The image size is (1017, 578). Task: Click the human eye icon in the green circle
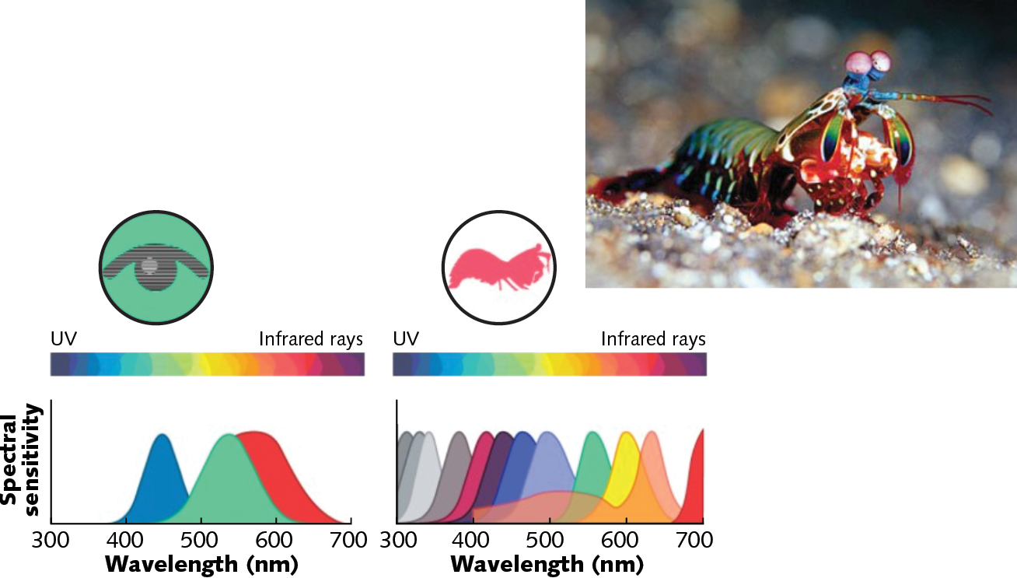point(156,267)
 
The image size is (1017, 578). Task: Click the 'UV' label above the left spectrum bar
point(63,339)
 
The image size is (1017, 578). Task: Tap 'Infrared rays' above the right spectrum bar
point(653,339)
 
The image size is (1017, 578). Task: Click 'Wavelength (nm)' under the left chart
point(201,563)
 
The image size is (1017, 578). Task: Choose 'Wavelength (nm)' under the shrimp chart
point(547,563)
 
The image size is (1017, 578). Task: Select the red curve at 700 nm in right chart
point(697,482)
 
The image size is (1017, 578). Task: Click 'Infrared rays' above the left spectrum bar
point(310,339)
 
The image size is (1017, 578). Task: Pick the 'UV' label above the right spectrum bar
point(406,339)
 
